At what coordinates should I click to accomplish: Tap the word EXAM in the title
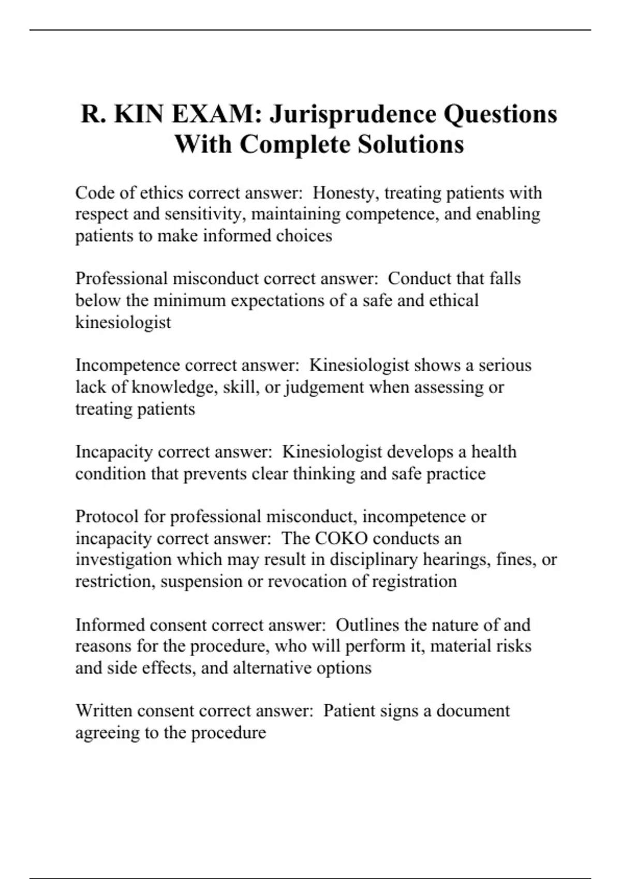(216, 114)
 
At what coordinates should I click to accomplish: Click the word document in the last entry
(473, 711)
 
